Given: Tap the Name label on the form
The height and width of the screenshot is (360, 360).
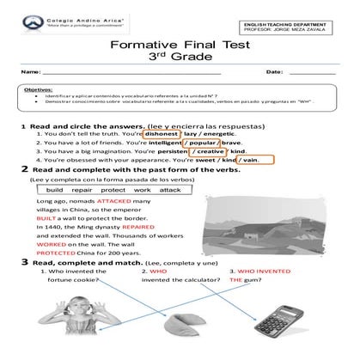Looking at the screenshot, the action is point(29,71).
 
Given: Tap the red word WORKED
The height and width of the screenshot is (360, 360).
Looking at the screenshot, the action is point(51,246).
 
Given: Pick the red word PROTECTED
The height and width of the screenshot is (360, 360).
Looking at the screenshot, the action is point(57,255).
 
